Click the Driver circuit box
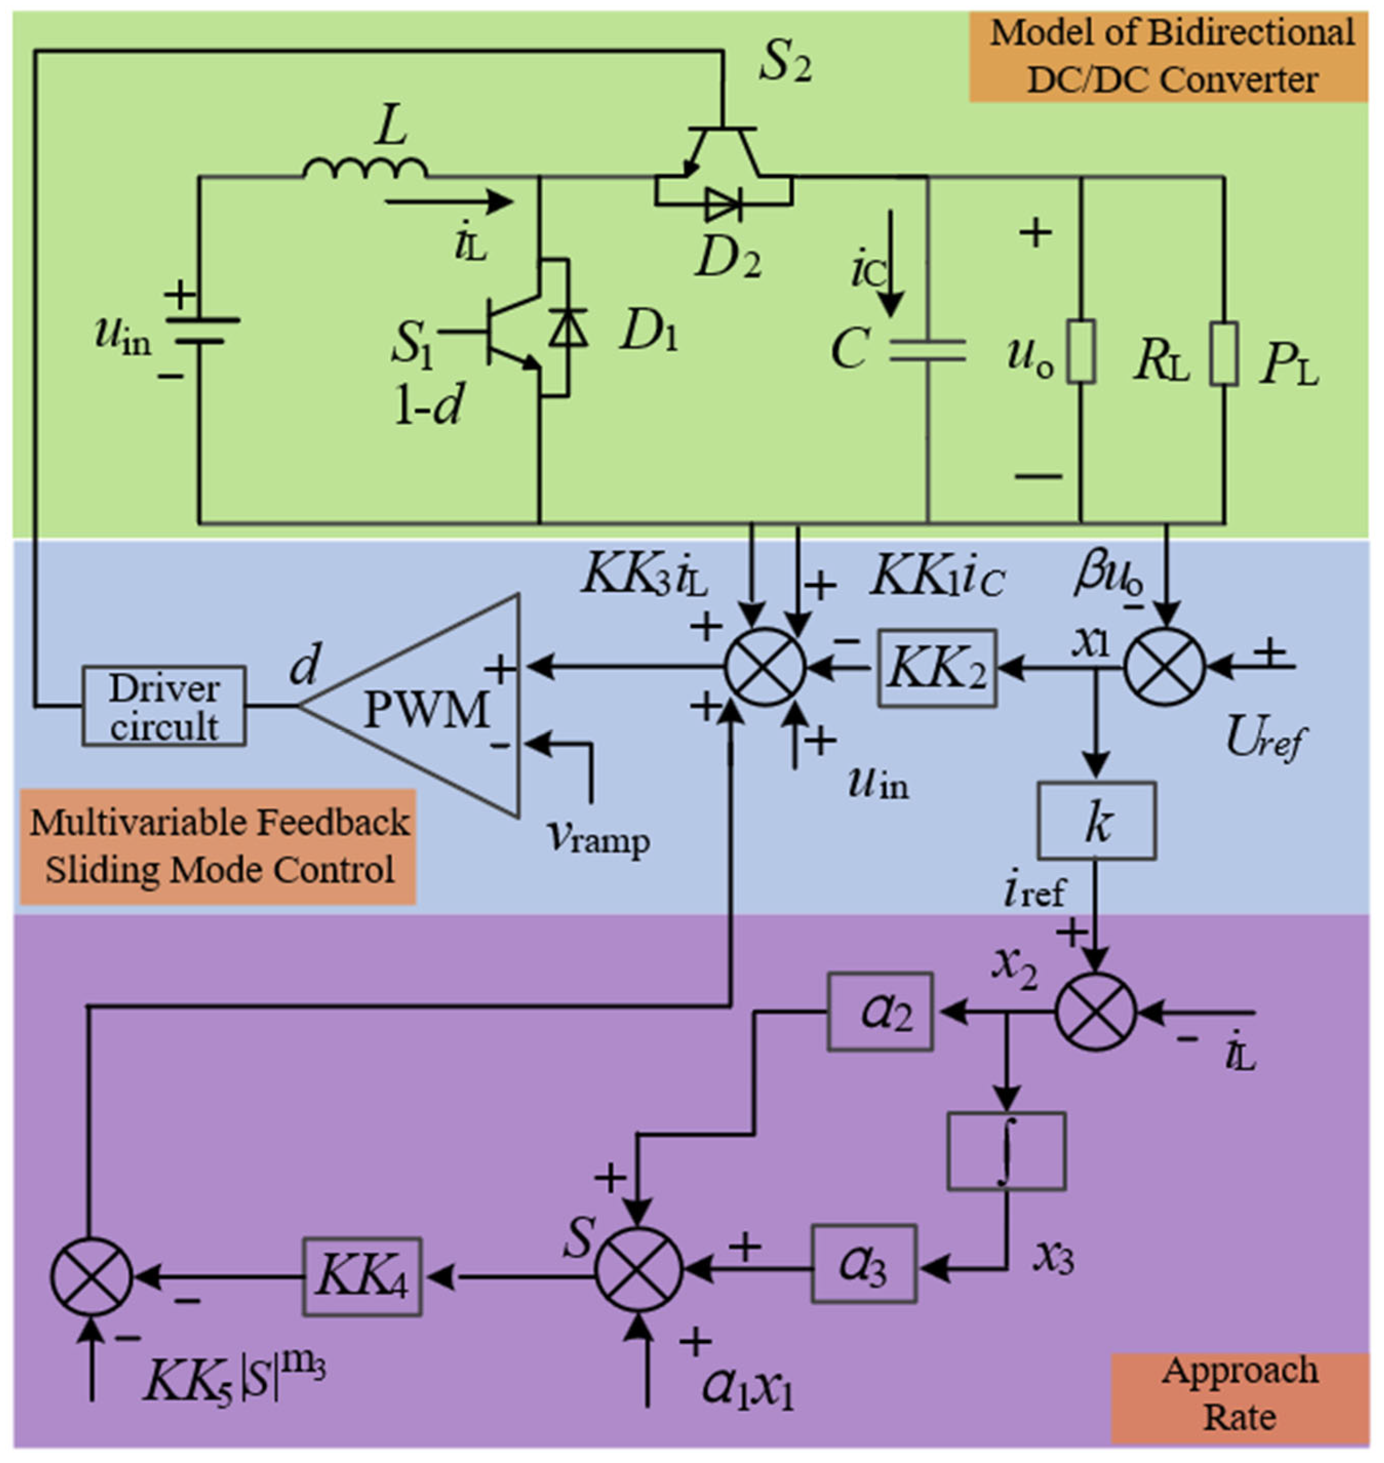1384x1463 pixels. tap(163, 706)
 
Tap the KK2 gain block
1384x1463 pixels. tap(936, 668)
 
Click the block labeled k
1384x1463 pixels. tap(1096, 820)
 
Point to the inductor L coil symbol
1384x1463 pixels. tap(365, 168)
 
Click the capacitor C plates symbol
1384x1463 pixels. tap(927, 350)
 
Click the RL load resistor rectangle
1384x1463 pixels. tap(1081, 351)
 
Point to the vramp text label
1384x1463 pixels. tap(599, 838)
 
